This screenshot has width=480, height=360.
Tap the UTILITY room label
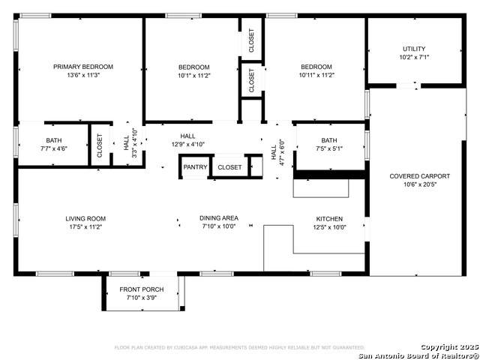tap(413, 48)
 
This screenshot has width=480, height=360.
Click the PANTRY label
tap(195, 167)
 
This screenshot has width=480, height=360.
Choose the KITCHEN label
tap(328, 218)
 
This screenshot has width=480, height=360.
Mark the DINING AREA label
tap(219, 218)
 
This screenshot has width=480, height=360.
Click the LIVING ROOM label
tap(85, 218)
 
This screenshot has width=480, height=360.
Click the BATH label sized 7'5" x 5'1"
tap(329, 140)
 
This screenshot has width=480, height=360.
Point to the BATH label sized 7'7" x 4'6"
tap(54, 140)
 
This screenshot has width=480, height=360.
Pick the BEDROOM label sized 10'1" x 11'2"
tap(193, 67)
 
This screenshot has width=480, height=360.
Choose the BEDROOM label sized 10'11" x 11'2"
tap(316, 67)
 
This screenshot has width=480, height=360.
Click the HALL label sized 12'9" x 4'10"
tap(188, 136)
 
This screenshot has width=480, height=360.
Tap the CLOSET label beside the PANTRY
tap(229, 167)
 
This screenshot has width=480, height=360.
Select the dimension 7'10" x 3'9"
tap(141, 298)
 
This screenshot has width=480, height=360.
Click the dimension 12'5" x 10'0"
tap(328, 226)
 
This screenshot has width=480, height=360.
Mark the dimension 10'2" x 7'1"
tap(413, 56)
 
